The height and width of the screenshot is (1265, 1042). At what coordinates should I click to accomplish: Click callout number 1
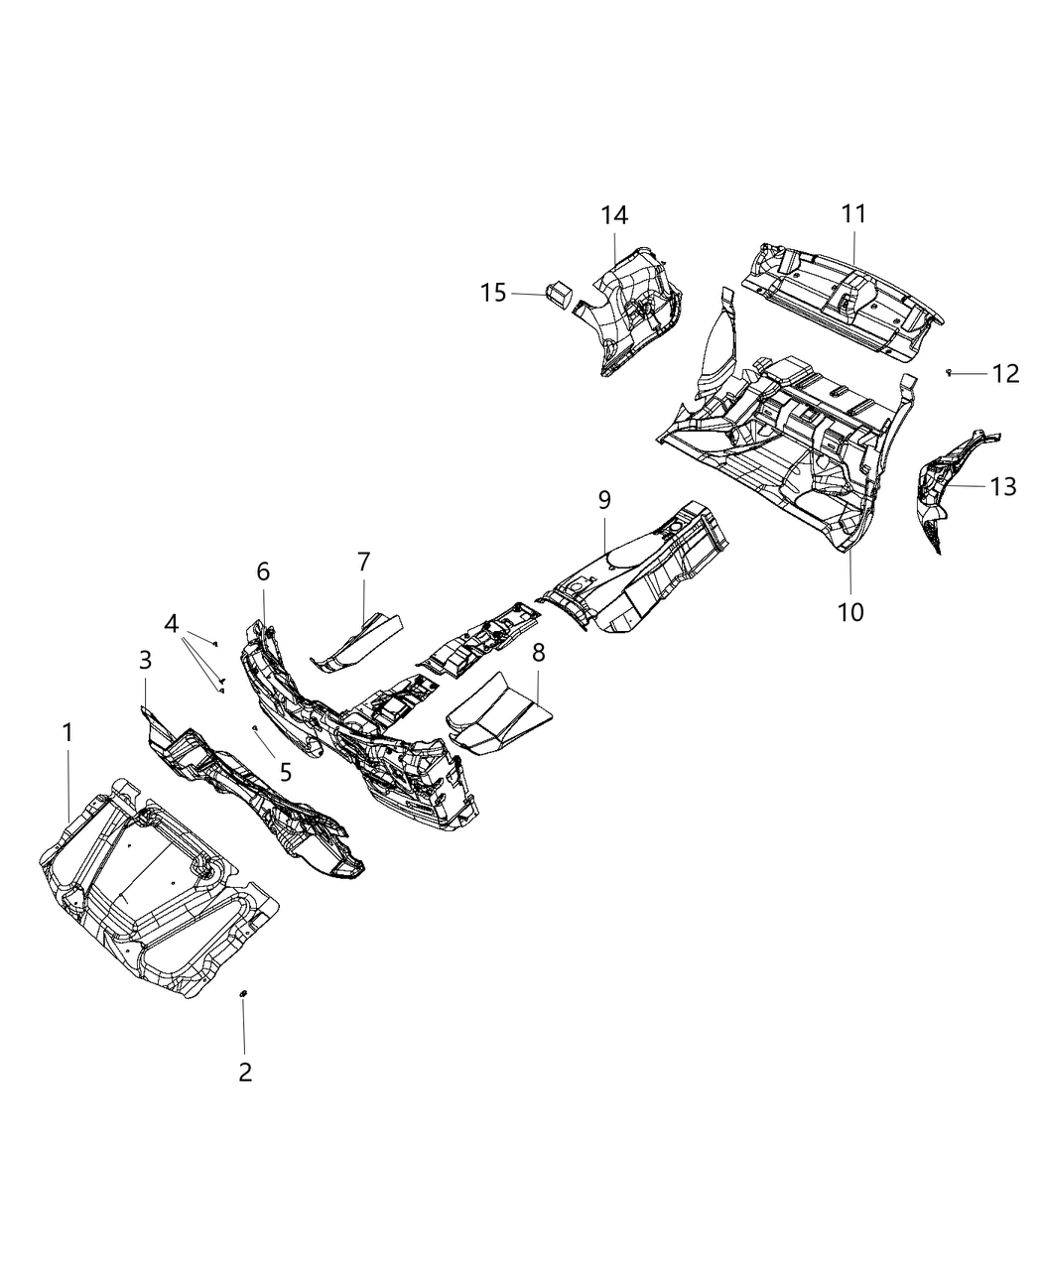pyautogui.click(x=67, y=733)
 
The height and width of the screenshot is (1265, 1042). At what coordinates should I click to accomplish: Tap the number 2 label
pyautogui.click(x=244, y=1072)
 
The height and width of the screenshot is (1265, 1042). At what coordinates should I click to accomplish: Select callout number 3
pyautogui.click(x=145, y=660)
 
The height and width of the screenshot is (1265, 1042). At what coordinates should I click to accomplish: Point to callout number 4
pyautogui.click(x=172, y=624)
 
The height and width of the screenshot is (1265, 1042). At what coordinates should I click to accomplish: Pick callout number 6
pyautogui.click(x=263, y=571)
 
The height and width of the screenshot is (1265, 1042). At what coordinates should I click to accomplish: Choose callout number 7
pyautogui.click(x=363, y=562)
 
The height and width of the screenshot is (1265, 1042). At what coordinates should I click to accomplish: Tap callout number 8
pyautogui.click(x=538, y=652)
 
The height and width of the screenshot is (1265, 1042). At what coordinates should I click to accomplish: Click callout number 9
pyautogui.click(x=604, y=499)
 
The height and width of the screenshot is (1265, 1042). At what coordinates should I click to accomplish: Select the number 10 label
pyautogui.click(x=850, y=612)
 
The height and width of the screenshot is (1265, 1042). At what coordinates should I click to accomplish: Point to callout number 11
pyautogui.click(x=853, y=213)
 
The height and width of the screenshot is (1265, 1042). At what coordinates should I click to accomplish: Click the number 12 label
pyautogui.click(x=1004, y=374)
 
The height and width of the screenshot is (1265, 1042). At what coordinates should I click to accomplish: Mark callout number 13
pyautogui.click(x=1002, y=486)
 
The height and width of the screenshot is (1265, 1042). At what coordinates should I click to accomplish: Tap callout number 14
pyautogui.click(x=613, y=214)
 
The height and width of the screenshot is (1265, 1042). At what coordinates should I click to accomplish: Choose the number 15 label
pyautogui.click(x=493, y=293)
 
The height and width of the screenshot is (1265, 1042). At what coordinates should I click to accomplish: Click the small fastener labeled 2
pyautogui.click(x=243, y=992)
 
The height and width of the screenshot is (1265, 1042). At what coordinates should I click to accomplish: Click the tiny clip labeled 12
pyautogui.click(x=949, y=372)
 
